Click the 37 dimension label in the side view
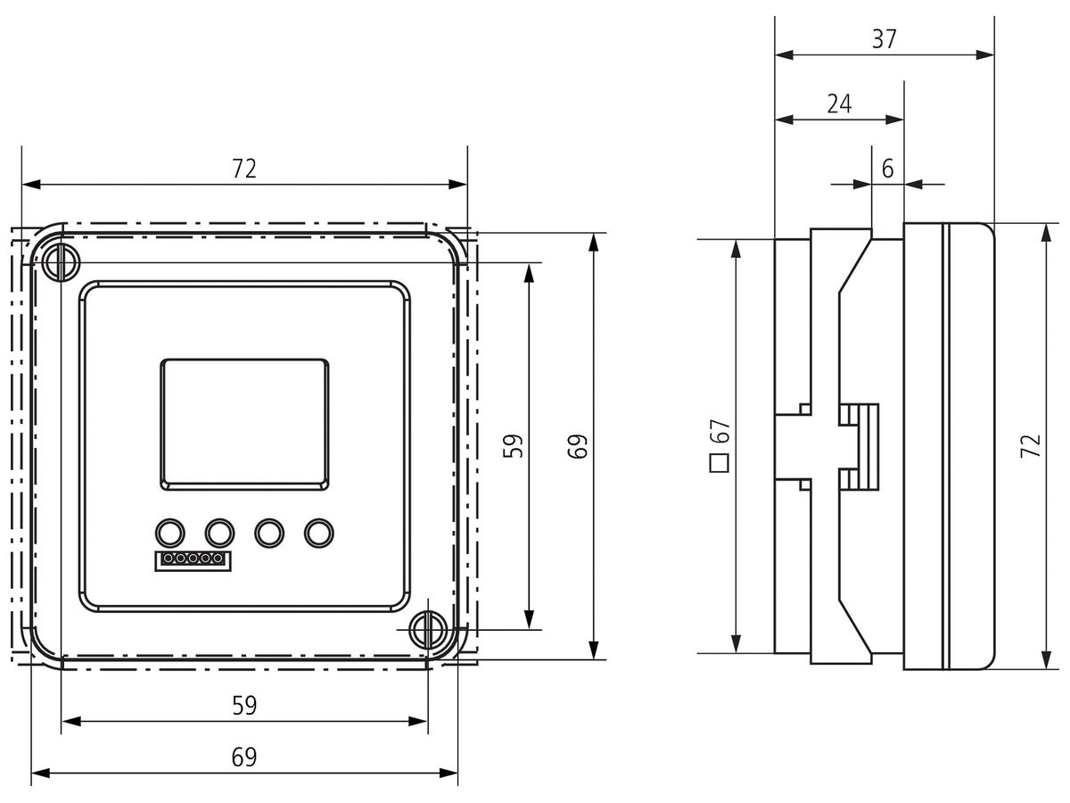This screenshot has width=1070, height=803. click(x=884, y=39)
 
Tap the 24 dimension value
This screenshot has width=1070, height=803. click(x=839, y=103)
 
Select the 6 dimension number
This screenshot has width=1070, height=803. click(x=888, y=169)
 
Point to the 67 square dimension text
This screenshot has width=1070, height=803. click(x=720, y=431)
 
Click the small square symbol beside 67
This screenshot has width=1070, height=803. click(x=720, y=463)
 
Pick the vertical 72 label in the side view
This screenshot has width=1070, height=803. click(x=1031, y=445)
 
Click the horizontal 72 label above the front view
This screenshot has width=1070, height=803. click(x=243, y=169)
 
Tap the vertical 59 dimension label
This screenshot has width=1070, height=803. click(x=513, y=445)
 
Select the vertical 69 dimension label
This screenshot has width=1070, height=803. click(x=578, y=445)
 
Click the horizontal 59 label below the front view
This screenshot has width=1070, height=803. click(x=244, y=705)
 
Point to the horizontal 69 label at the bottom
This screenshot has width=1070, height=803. click(x=244, y=757)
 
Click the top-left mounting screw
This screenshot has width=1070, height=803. click(x=61, y=263)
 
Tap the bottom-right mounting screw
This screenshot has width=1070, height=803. click(x=427, y=630)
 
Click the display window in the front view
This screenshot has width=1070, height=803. click(x=244, y=425)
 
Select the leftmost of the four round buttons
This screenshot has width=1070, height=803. click(x=170, y=533)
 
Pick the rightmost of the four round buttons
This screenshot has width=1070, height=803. click(x=319, y=533)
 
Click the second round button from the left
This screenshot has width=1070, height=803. click(x=220, y=533)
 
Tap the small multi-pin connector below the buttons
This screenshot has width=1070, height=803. click(x=193, y=560)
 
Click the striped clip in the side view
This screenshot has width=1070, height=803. click(x=859, y=447)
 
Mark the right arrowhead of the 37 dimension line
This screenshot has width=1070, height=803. click(x=985, y=55)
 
